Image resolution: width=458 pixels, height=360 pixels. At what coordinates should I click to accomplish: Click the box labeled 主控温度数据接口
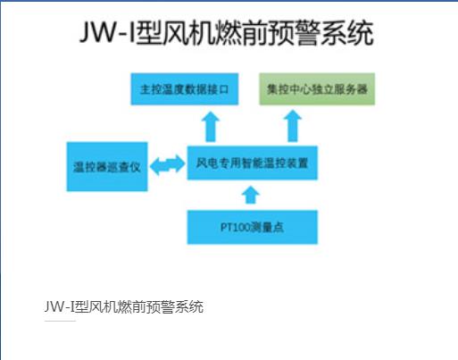tap(185, 89)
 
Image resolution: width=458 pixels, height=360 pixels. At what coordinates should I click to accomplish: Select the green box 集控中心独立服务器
tap(317, 89)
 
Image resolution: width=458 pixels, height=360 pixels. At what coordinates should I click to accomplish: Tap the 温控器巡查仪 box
tap(107, 166)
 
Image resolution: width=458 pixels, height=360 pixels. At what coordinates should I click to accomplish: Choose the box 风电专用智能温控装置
tap(252, 163)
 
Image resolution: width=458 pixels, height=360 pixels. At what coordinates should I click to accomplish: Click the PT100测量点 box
tap(252, 227)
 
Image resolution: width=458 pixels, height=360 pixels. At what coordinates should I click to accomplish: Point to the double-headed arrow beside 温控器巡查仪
tap(168, 164)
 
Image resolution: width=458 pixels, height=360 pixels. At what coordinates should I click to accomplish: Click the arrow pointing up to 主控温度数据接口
tap(211, 127)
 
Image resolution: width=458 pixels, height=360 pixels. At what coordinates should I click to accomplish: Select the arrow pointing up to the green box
tap(293, 126)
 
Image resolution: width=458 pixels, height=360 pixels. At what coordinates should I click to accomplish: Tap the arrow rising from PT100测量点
tap(251, 195)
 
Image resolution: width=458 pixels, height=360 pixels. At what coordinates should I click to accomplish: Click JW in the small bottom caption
tap(54, 306)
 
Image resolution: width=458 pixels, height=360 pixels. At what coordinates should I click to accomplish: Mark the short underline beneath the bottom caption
tap(60, 322)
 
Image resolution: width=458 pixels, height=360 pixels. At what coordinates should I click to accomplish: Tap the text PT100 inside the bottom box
tap(235, 228)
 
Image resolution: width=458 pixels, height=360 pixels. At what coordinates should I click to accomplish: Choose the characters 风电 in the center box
tap(207, 163)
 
